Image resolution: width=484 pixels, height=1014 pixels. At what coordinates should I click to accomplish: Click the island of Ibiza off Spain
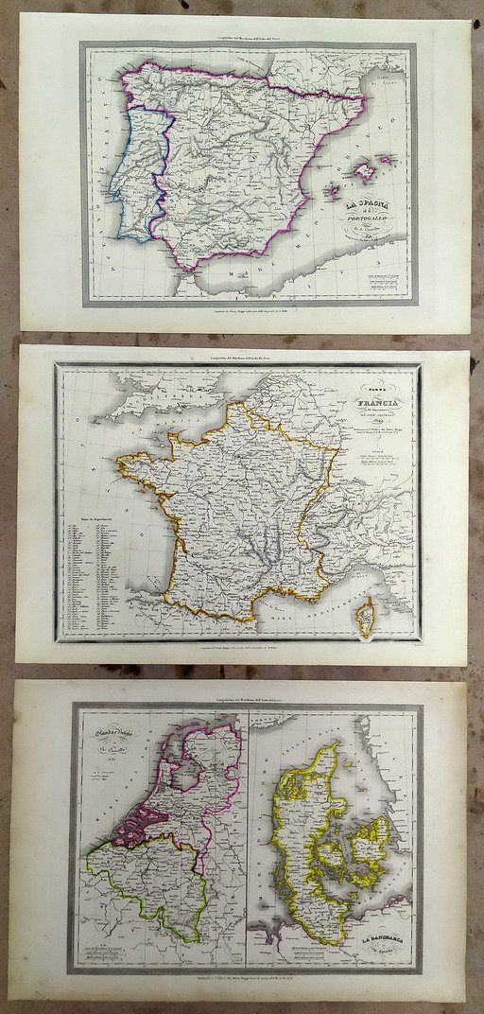tap(333, 191)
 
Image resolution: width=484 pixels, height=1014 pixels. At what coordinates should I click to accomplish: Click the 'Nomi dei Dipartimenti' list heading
tap(83, 521)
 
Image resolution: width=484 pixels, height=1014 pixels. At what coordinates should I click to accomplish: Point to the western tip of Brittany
tap(120, 461)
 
